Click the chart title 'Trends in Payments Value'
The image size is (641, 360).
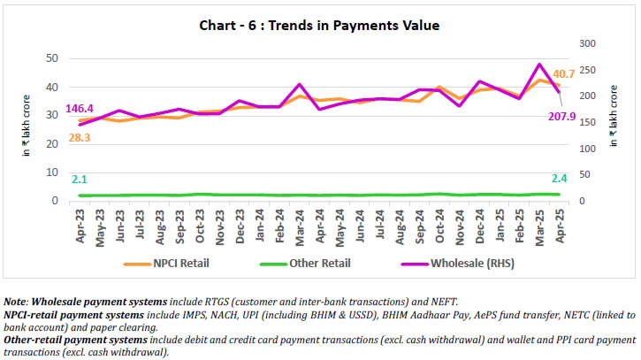coord(320,26)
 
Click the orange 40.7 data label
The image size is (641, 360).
coord(564,73)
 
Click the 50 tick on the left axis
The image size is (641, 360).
coord(52,58)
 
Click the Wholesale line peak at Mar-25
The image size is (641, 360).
coord(539,64)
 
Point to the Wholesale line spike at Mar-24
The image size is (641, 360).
coord(301,84)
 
